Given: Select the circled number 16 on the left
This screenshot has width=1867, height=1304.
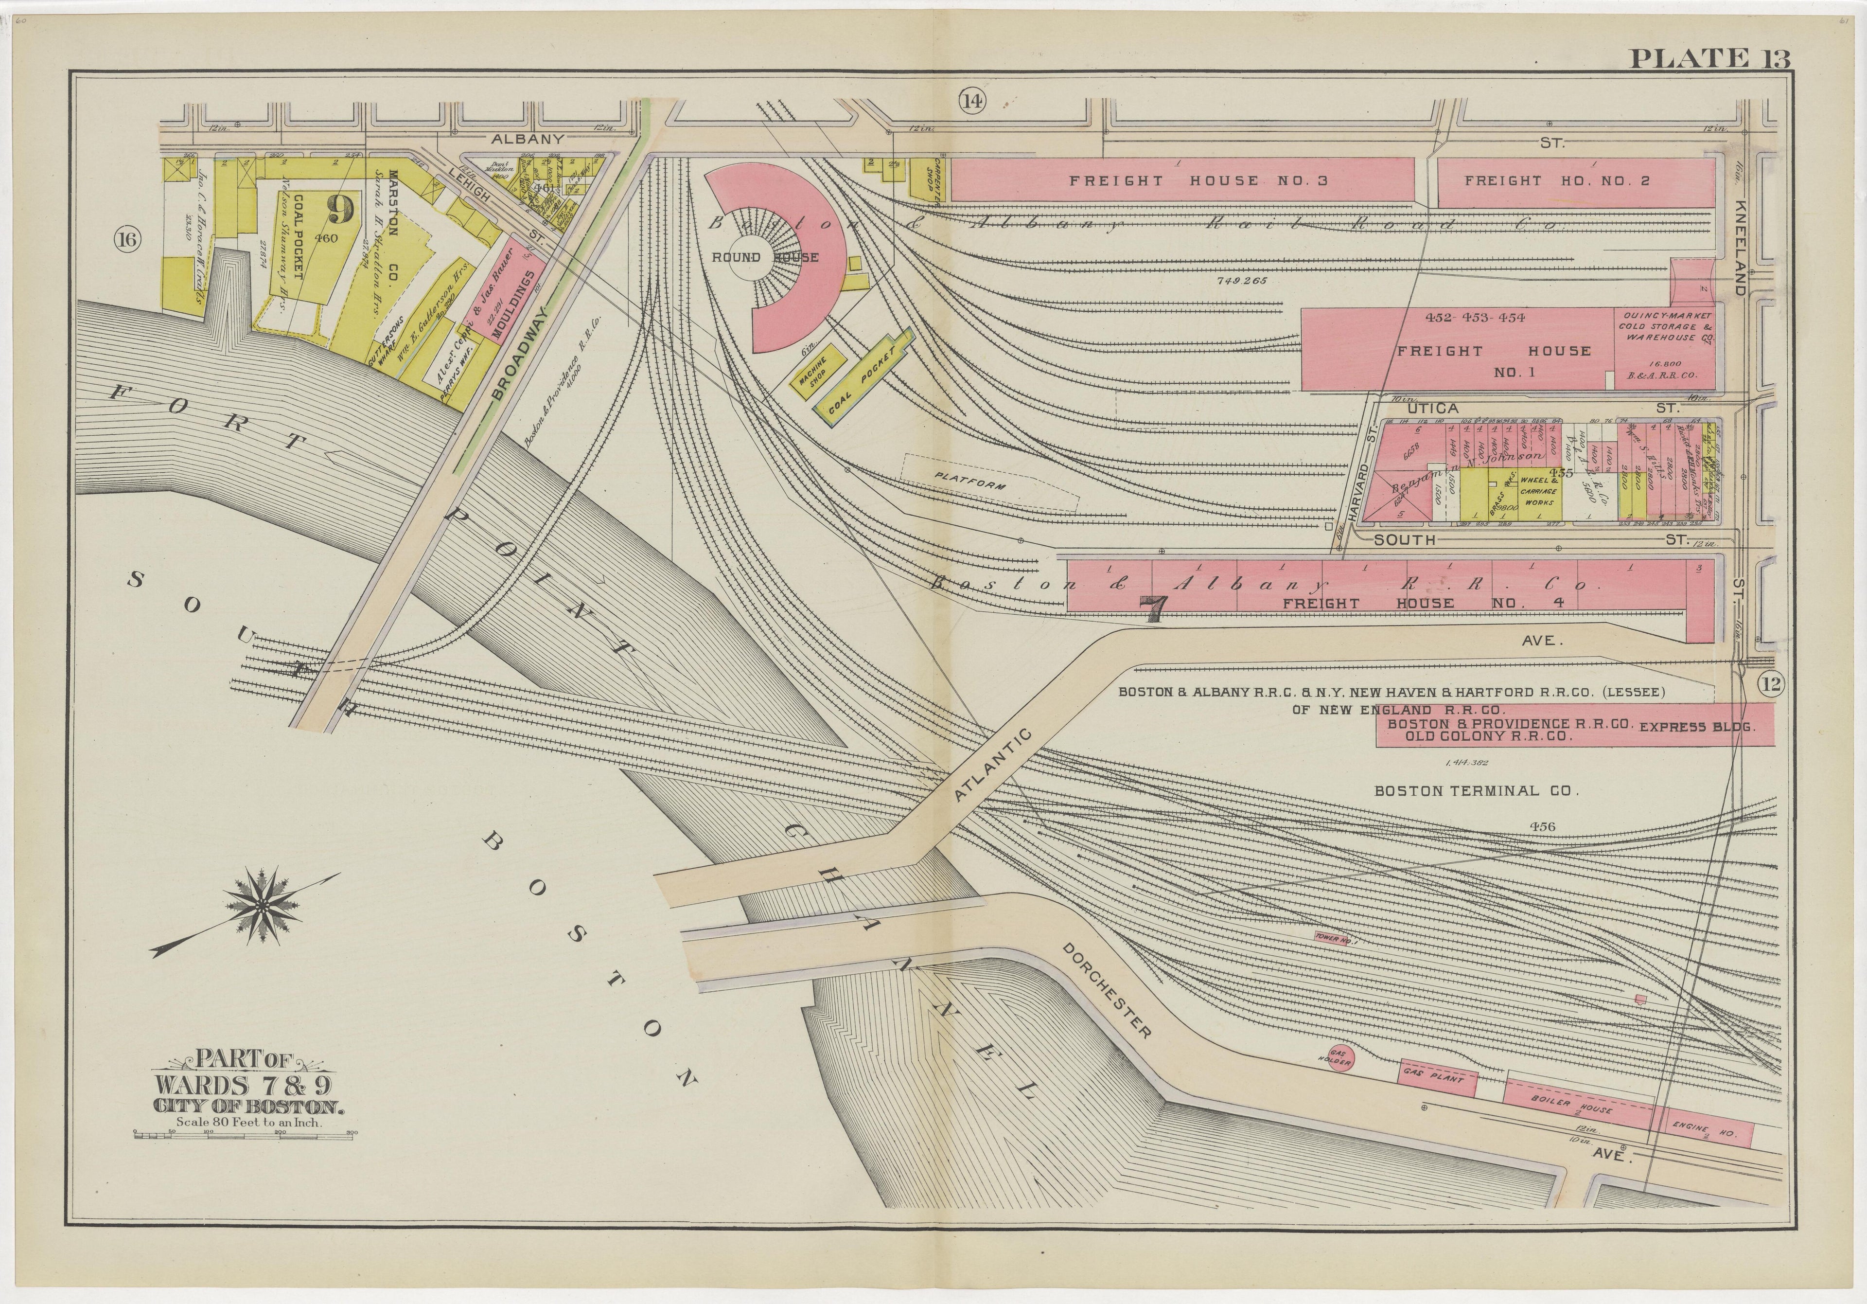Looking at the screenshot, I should (x=128, y=239).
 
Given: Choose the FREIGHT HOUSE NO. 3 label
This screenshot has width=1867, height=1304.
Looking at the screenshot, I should (x=1198, y=180).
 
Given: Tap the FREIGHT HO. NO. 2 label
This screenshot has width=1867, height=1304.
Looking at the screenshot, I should (x=1556, y=180).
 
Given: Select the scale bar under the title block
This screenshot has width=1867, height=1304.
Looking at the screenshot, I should (x=244, y=1132).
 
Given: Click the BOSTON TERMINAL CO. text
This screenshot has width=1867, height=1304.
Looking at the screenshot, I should (x=1476, y=790).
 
